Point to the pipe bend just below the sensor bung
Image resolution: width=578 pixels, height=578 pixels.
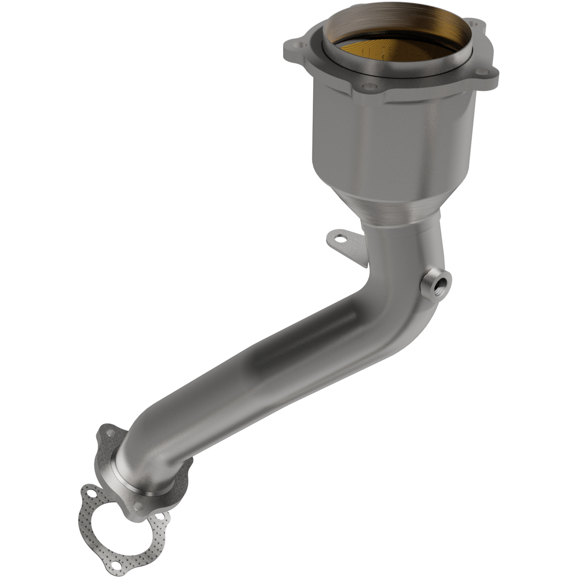point(413,323)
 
